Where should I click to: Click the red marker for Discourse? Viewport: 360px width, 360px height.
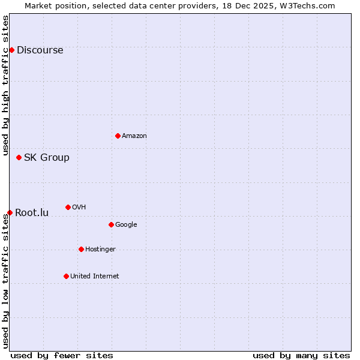pyautogui.click(x=11, y=50)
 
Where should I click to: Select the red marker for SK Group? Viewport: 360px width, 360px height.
pyautogui.click(x=19, y=157)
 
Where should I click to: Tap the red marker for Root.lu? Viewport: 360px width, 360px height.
pyautogui.click(x=10, y=212)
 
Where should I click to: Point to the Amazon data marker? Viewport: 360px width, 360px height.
pyautogui.click(x=118, y=136)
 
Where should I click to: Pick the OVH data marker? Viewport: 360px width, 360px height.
pyautogui.click(x=68, y=207)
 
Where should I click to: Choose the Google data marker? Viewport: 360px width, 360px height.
pyautogui.click(x=111, y=224)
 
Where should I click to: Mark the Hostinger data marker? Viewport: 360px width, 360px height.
pyautogui.click(x=81, y=249)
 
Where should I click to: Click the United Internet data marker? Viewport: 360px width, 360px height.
pyautogui.click(x=66, y=276)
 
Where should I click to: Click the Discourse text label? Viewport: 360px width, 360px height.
pyautogui.click(x=40, y=50)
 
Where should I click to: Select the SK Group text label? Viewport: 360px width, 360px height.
pyautogui.click(x=47, y=158)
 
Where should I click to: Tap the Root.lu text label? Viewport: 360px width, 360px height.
pyautogui.click(x=32, y=213)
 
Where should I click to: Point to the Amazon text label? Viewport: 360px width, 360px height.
pyautogui.click(x=134, y=136)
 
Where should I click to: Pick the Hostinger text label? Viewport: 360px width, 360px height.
pyautogui.click(x=100, y=250)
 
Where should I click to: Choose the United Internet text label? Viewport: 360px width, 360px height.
pyautogui.click(x=95, y=277)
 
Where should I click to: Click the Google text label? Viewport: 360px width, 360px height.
pyautogui.click(x=126, y=225)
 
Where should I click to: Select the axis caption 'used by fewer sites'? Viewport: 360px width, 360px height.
pyautogui.click(x=62, y=355)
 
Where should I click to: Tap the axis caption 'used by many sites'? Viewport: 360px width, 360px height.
pyautogui.click(x=301, y=355)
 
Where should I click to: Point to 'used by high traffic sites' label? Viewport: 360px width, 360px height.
pyautogui.click(x=6, y=85)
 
